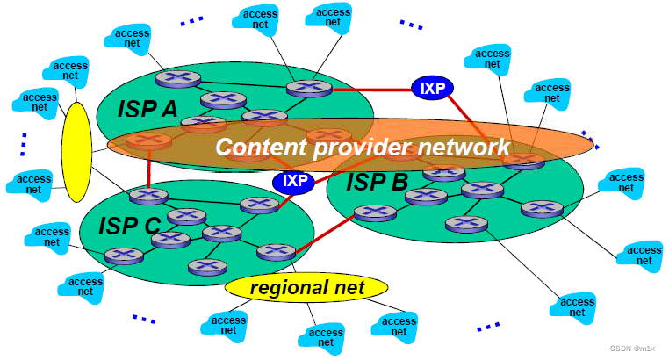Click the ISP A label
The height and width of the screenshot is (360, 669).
[148, 109]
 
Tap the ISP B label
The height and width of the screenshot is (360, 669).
[378, 183]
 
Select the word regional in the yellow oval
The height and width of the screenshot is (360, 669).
[281, 287]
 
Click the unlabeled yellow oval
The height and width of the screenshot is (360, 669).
[76, 151]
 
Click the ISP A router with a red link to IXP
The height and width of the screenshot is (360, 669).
[309, 88]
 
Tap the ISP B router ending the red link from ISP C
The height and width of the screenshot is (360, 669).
[376, 212]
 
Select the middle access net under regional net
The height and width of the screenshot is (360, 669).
[320, 336]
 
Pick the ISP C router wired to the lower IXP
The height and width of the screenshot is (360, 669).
[259, 205]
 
